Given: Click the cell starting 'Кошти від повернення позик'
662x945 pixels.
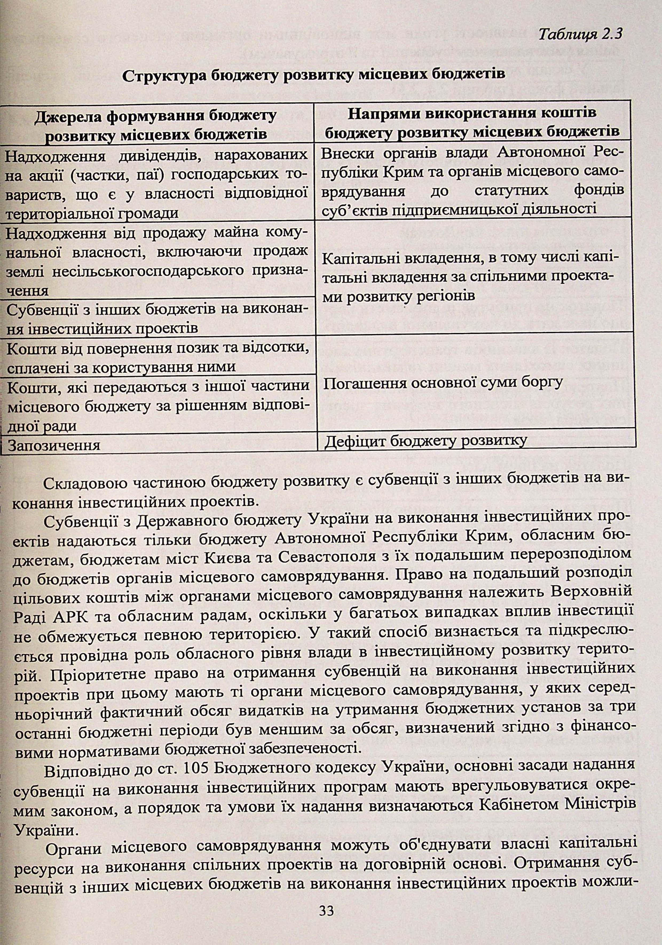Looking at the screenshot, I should [156, 356].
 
